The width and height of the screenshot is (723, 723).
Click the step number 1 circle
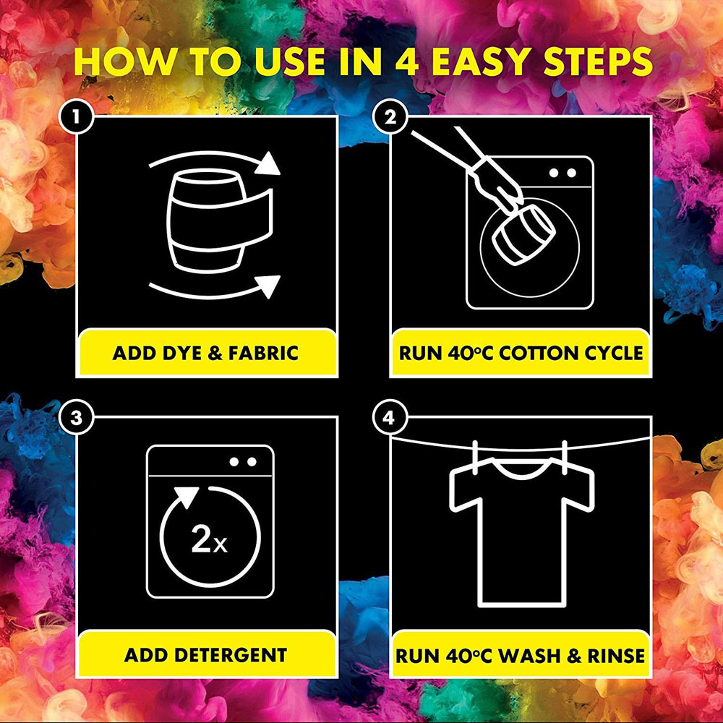[x=77, y=117]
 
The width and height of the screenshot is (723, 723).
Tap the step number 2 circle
[x=390, y=117]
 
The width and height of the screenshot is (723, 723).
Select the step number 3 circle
[x=77, y=418]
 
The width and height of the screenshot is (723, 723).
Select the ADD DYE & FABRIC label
[x=205, y=354]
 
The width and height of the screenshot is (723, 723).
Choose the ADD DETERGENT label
[x=205, y=655]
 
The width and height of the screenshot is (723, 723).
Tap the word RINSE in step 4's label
[x=615, y=656]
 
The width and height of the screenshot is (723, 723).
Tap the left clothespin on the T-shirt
[x=476, y=456]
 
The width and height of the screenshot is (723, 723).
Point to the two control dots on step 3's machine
[x=243, y=461]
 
